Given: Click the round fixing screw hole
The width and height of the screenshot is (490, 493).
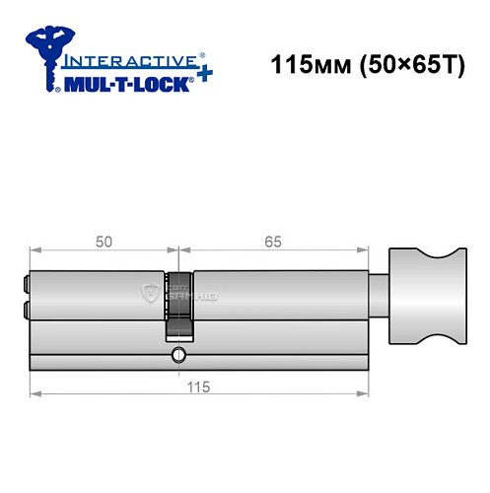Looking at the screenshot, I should point(178,356).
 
